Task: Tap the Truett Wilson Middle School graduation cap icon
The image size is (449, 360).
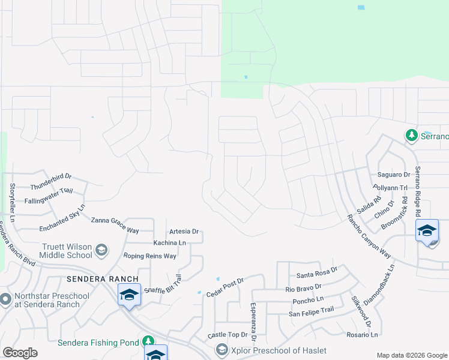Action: [101, 250]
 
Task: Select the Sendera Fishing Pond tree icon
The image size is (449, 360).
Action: [149, 342]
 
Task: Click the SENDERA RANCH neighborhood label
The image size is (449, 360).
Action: [103, 279]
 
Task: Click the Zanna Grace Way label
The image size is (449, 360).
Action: [115, 225]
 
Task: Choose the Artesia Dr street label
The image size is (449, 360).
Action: [184, 232]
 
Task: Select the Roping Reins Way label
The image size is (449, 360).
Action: [149, 256]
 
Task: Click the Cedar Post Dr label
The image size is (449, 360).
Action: [225, 287]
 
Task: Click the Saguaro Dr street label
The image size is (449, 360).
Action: [393, 175]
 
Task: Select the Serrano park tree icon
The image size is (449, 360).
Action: [412, 136]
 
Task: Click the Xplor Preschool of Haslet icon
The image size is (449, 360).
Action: [221, 350]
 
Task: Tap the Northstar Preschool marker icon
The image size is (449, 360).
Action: [6, 298]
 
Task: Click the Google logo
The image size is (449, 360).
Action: [20, 353]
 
